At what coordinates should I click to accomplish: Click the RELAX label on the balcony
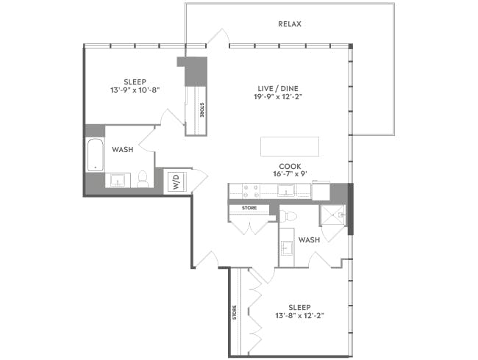[x=290, y=24]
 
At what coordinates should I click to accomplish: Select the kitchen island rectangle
[x=290, y=145]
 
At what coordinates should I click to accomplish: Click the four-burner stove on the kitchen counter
[x=249, y=191]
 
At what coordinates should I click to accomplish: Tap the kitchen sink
[x=285, y=191]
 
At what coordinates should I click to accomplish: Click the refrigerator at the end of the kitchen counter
[x=321, y=191]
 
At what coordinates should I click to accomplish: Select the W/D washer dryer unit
[x=176, y=181]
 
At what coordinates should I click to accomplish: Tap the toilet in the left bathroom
[x=143, y=179]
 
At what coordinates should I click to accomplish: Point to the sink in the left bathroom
[x=118, y=180]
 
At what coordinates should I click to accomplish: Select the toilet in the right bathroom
[x=290, y=217]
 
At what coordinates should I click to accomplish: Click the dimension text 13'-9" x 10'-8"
[x=134, y=90]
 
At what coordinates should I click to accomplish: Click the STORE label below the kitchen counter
[x=249, y=209]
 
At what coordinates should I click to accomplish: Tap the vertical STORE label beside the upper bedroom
[x=202, y=110]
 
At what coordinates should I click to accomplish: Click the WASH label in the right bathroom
[x=309, y=240]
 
